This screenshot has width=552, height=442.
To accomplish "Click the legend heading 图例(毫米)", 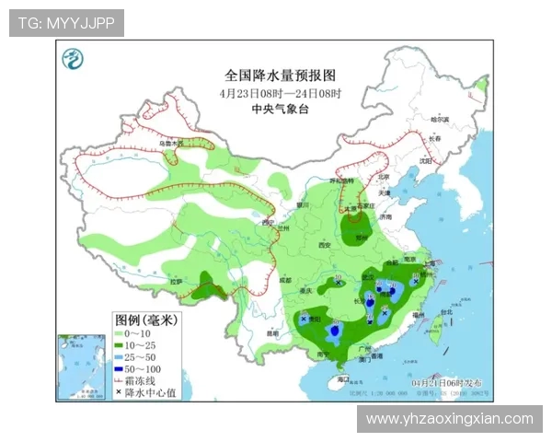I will [144, 320].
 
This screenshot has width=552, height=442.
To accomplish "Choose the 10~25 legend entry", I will [138, 344].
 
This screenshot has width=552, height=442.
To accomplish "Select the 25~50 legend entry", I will [138, 356].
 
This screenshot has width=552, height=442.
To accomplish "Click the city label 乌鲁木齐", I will [170, 144].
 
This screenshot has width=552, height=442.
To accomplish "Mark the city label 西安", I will [323, 245].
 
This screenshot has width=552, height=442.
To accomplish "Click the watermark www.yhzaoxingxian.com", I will [449, 418].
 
